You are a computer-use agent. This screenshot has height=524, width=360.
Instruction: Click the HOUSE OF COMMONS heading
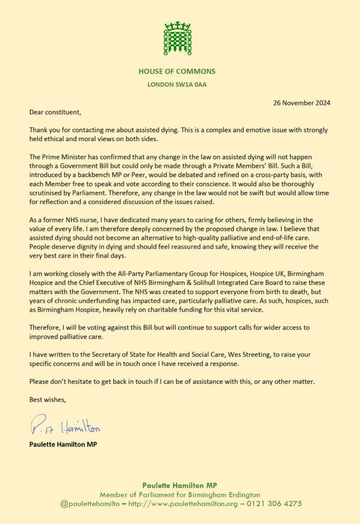[177, 71]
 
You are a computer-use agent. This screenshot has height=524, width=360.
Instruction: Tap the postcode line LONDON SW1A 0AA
[177, 84]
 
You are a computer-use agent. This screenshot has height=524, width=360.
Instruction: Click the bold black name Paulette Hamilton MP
[63, 444]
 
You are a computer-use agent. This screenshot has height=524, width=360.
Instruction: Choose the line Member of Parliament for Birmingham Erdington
[180, 494]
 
